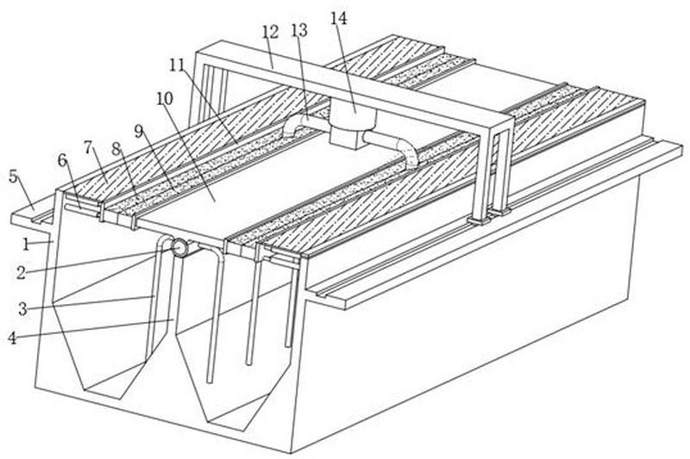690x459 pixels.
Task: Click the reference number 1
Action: coord(26,245)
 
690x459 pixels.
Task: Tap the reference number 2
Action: coord(21,273)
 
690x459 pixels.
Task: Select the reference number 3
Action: coord(22,309)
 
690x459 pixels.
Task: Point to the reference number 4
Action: coord(13,338)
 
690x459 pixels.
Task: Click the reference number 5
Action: coord(14,177)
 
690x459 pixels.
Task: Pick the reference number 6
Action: coord(63,161)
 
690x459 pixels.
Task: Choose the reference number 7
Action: coord(89,148)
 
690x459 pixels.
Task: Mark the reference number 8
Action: coord(116,149)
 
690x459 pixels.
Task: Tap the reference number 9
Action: coord(140,132)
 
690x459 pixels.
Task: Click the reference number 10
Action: coord(165,99)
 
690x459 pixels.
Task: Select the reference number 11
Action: coord(178,65)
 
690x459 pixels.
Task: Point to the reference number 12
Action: coord(270,32)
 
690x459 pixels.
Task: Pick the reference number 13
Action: coord(299,30)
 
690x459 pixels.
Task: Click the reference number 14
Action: coord(339,18)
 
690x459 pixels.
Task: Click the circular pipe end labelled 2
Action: coord(179,248)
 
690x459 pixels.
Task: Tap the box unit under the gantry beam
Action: coord(354,124)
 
